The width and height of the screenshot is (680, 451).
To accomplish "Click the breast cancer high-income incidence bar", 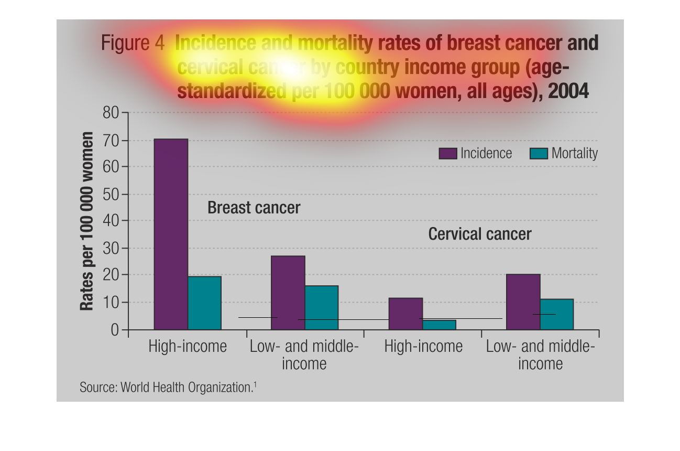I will [171, 234].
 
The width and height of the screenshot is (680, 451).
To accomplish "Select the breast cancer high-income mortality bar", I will [205, 303].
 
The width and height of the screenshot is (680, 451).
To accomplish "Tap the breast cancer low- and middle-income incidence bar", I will [288, 292].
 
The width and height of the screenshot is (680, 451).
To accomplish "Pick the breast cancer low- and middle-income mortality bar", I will [322, 307].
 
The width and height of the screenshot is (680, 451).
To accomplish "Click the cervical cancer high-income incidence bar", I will [405, 314].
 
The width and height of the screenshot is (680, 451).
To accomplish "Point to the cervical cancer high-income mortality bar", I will [440, 325].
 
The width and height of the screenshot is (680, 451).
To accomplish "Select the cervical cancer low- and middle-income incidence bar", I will [523, 302].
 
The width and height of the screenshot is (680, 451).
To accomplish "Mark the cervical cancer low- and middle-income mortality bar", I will [557, 314].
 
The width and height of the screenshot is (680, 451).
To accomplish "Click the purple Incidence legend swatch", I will [448, 153].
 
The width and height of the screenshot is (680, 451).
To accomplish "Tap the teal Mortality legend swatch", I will [539, 153].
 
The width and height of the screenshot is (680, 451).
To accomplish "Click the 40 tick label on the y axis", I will [112, 221].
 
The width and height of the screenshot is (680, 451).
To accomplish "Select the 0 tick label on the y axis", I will [115, 330].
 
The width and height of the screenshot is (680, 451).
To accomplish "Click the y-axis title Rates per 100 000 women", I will [87, 221].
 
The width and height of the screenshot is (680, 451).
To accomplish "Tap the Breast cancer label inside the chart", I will [254, 208].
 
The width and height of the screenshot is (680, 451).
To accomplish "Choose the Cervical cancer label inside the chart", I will [479, 234].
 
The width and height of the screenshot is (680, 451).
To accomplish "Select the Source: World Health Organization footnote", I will [168, 388].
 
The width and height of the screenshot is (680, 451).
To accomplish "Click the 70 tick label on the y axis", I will [112, 141].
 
